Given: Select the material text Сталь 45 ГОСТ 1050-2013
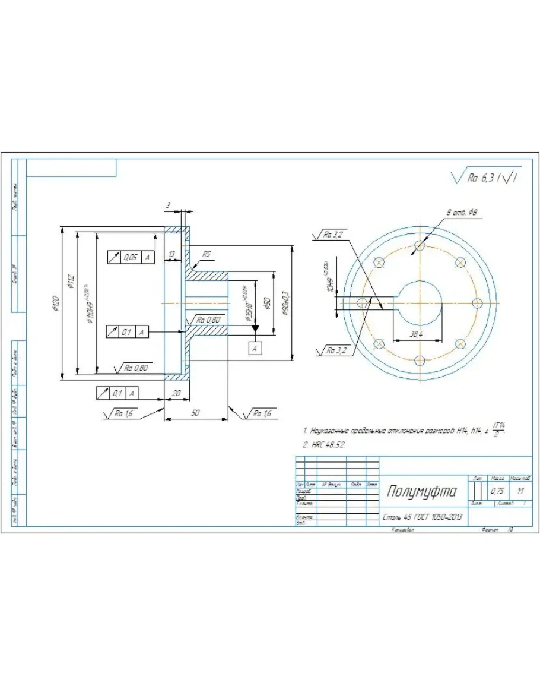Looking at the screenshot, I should (x=422, y=517).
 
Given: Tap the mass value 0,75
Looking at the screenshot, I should (x=497, y=492).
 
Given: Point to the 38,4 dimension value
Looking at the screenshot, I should (x=417, y=334).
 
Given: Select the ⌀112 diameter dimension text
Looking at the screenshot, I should (x=71, y=280).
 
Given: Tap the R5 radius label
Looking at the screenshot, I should (x=206, y=254).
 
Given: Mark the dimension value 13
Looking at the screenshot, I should (x=171, y=254).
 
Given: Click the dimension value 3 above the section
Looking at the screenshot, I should (x=169, y=205).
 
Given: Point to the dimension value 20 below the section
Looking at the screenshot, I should (x=176, y=393).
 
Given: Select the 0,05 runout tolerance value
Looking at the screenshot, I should (x=130, y=258).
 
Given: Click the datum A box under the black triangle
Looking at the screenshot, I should (x=255, y=349).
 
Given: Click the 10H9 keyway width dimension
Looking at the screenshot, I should (x=325, y=278).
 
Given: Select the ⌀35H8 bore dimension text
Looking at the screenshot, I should (x=244, y=303).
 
